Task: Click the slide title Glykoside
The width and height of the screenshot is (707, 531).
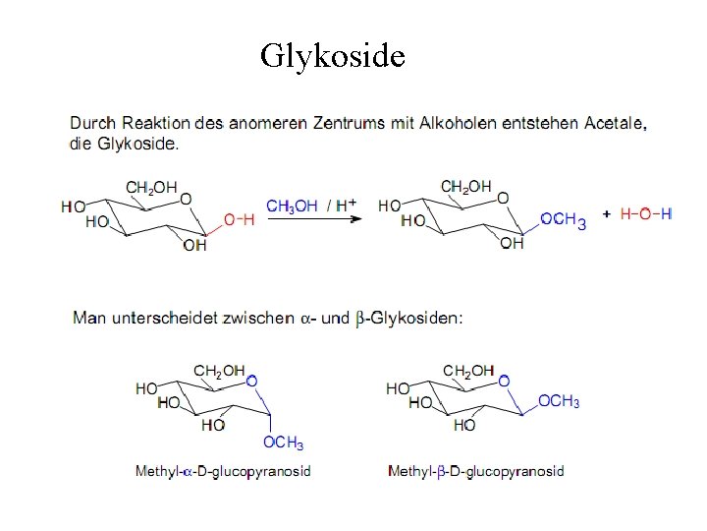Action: coord(332,56)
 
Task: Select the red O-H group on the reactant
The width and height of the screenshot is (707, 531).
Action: coord(239,220)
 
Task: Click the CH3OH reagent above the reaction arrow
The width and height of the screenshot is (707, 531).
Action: coord(292,206)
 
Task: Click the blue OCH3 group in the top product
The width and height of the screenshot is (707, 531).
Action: coord(564,221)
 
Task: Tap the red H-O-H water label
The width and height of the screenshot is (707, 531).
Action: coord(646,214)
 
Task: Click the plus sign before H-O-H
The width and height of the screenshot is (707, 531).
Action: coord(607,213)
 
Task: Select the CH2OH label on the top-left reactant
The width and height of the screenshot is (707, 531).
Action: coord(151,187)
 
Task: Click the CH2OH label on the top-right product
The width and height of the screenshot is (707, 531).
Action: coord(465,187)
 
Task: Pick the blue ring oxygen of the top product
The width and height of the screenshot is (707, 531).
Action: coord(503,198)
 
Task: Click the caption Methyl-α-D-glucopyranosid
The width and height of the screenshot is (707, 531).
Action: coord(223,471)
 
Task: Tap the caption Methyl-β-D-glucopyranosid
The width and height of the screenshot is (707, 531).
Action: coord(476,471)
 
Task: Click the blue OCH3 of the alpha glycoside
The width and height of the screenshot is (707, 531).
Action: coord(283,443)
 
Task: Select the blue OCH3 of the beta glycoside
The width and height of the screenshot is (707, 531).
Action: coord(559,402)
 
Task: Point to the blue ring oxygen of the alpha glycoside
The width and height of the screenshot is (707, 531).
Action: coord(252,380)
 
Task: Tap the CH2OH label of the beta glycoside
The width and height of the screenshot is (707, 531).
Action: coord(468,371)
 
